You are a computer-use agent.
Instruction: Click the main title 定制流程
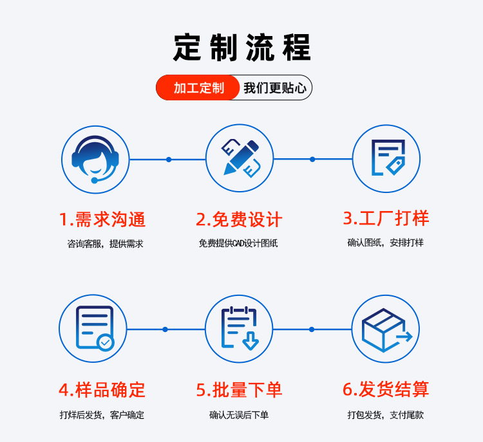click(241, 47)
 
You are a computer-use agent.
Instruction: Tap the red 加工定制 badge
click(199, 87)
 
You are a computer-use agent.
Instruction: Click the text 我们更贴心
click(275, 87)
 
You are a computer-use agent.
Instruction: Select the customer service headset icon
click(95, 159)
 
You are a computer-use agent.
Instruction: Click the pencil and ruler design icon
click(240, 158)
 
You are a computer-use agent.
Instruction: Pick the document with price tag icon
click(386, 158)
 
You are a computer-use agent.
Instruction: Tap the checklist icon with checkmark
click(93, 328)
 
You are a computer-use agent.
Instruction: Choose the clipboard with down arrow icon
click(239, 328)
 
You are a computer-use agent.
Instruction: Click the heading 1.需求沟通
click(102, 219)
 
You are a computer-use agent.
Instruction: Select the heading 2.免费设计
click(239, 219)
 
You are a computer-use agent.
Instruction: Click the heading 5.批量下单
click(239, 389)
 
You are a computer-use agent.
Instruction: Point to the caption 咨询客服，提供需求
click(105, 244)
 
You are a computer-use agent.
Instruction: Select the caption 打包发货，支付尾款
click(385, 415)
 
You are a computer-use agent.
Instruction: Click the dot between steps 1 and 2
click(169, 159)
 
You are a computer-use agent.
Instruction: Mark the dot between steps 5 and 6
click(312, 329)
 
